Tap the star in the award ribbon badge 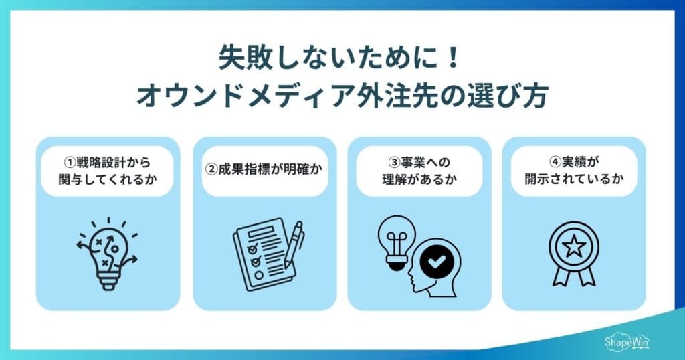pyautogui.click(x=573, y=247)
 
